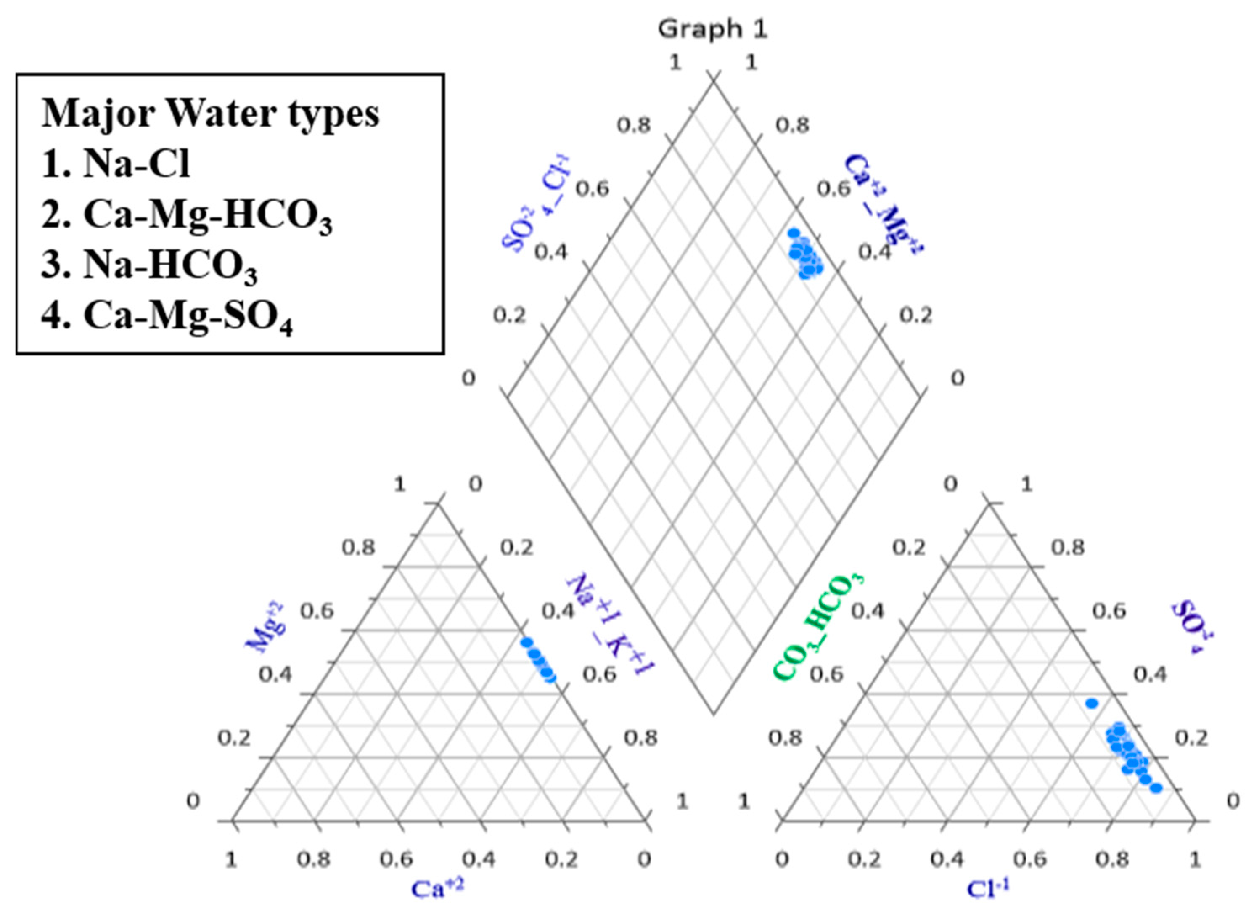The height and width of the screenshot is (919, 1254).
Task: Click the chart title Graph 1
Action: pos(712,29)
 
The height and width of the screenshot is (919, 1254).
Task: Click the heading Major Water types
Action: pos(210,114)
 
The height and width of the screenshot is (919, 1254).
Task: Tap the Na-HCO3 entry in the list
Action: pos(149,266)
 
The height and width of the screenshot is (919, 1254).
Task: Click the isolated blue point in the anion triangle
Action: pos(1092,704)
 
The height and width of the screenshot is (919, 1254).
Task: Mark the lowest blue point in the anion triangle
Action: pos(1156,788)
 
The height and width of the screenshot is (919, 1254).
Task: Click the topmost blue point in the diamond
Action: pos(794,233)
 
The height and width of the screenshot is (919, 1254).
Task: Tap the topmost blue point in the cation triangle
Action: pos(526,641)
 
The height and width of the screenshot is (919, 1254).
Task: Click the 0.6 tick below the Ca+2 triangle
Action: pos(396,859)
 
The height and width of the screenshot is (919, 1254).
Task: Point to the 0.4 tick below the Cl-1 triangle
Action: pos(947,859)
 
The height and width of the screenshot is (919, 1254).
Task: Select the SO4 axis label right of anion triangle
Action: pos(1192,626)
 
